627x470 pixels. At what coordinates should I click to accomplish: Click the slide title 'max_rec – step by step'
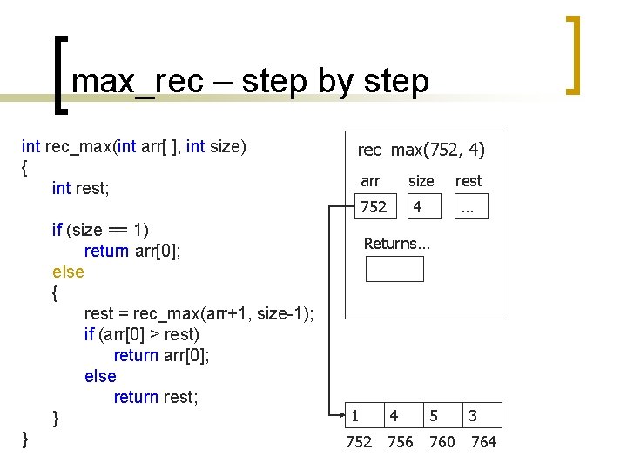(x=251, y=81)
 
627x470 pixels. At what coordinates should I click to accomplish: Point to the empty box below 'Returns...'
(x=394, y=269)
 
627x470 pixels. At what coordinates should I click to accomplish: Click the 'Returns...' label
(x=397, y=244)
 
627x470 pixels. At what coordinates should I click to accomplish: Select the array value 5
(x=434, y=416)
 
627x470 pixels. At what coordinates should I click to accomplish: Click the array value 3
(x=473, y=416)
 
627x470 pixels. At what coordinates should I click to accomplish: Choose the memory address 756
(x=400, y=442)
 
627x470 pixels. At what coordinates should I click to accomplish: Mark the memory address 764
(x=483, y=442)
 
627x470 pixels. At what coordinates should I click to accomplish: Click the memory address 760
(x=442, y=442)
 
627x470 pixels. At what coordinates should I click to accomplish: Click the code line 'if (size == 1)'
(x=100, y=230)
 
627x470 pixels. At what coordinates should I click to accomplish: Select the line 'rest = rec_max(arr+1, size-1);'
(x=199, y=313)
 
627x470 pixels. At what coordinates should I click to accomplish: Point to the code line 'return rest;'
(x=156, y=397)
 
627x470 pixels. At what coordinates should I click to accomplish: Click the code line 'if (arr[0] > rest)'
(x=142, y=334)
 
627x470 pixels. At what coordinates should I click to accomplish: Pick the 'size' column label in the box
(x=421, y=181)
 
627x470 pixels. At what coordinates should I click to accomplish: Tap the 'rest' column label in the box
(x=469, y=181)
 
